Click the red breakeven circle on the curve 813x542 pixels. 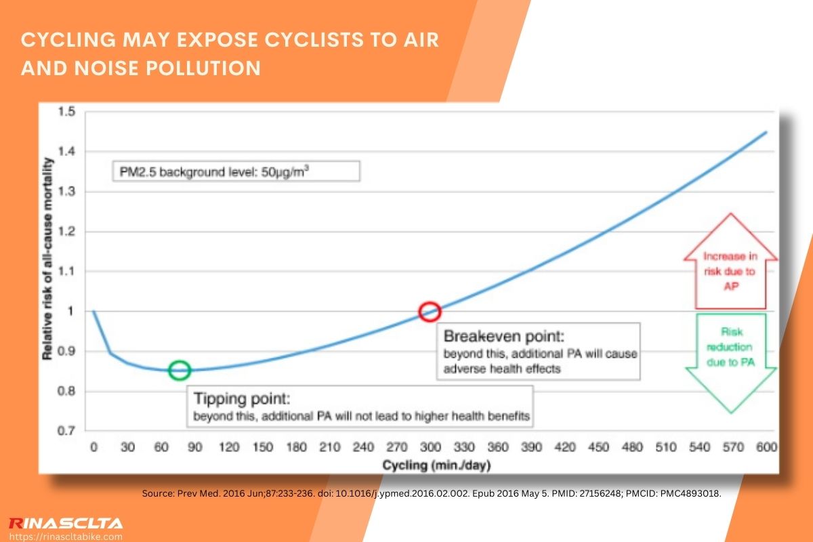click(430, 312)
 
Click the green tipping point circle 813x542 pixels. click(180, 370)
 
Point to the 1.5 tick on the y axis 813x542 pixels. click(68, 112)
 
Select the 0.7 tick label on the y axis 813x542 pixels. click(68, 431)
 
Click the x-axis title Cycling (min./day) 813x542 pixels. click(436, 466)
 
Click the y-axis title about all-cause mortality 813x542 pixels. click(48, 257)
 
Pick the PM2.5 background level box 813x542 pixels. click(235, 170)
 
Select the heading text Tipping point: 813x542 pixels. click(242, 398)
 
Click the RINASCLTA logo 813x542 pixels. click(65, 523)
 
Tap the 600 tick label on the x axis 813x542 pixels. click(766, 448)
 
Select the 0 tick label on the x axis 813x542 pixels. click(93, 448)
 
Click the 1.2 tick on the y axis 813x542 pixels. click(68, 232)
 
